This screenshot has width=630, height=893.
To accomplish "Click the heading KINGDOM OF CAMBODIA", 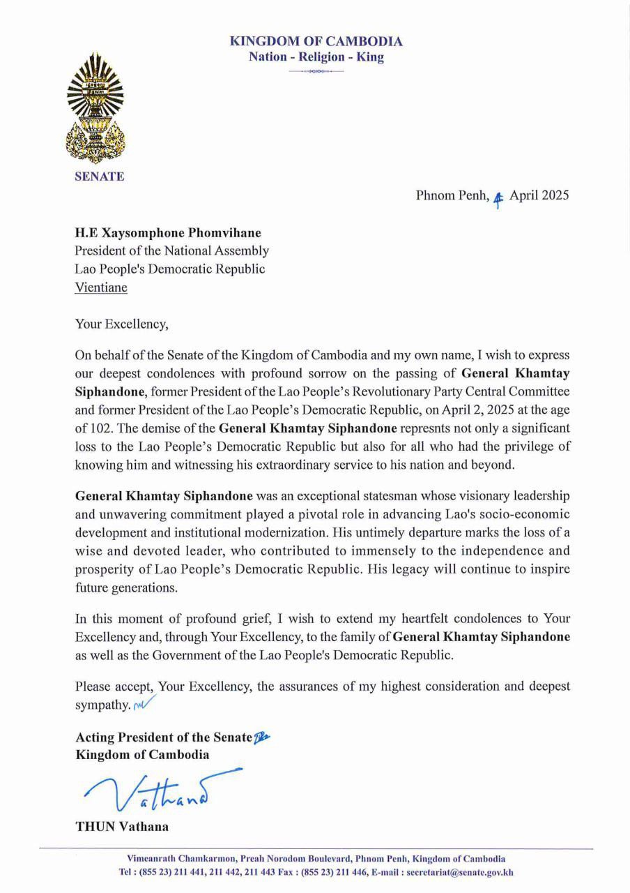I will [x=316, y=42].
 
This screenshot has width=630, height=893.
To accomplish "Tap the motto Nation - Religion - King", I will [x=316, y=57].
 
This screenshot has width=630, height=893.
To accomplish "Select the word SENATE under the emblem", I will [x=100, y=177].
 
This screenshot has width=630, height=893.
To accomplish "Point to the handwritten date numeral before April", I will [x=498, y=197].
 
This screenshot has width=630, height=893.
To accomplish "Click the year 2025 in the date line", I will [x=555, y=195].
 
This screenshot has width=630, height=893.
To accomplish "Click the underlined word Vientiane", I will [x=101, y=287].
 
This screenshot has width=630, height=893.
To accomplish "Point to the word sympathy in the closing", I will [x=101, y=705].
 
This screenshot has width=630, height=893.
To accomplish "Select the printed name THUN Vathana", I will [x=121, y=827].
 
